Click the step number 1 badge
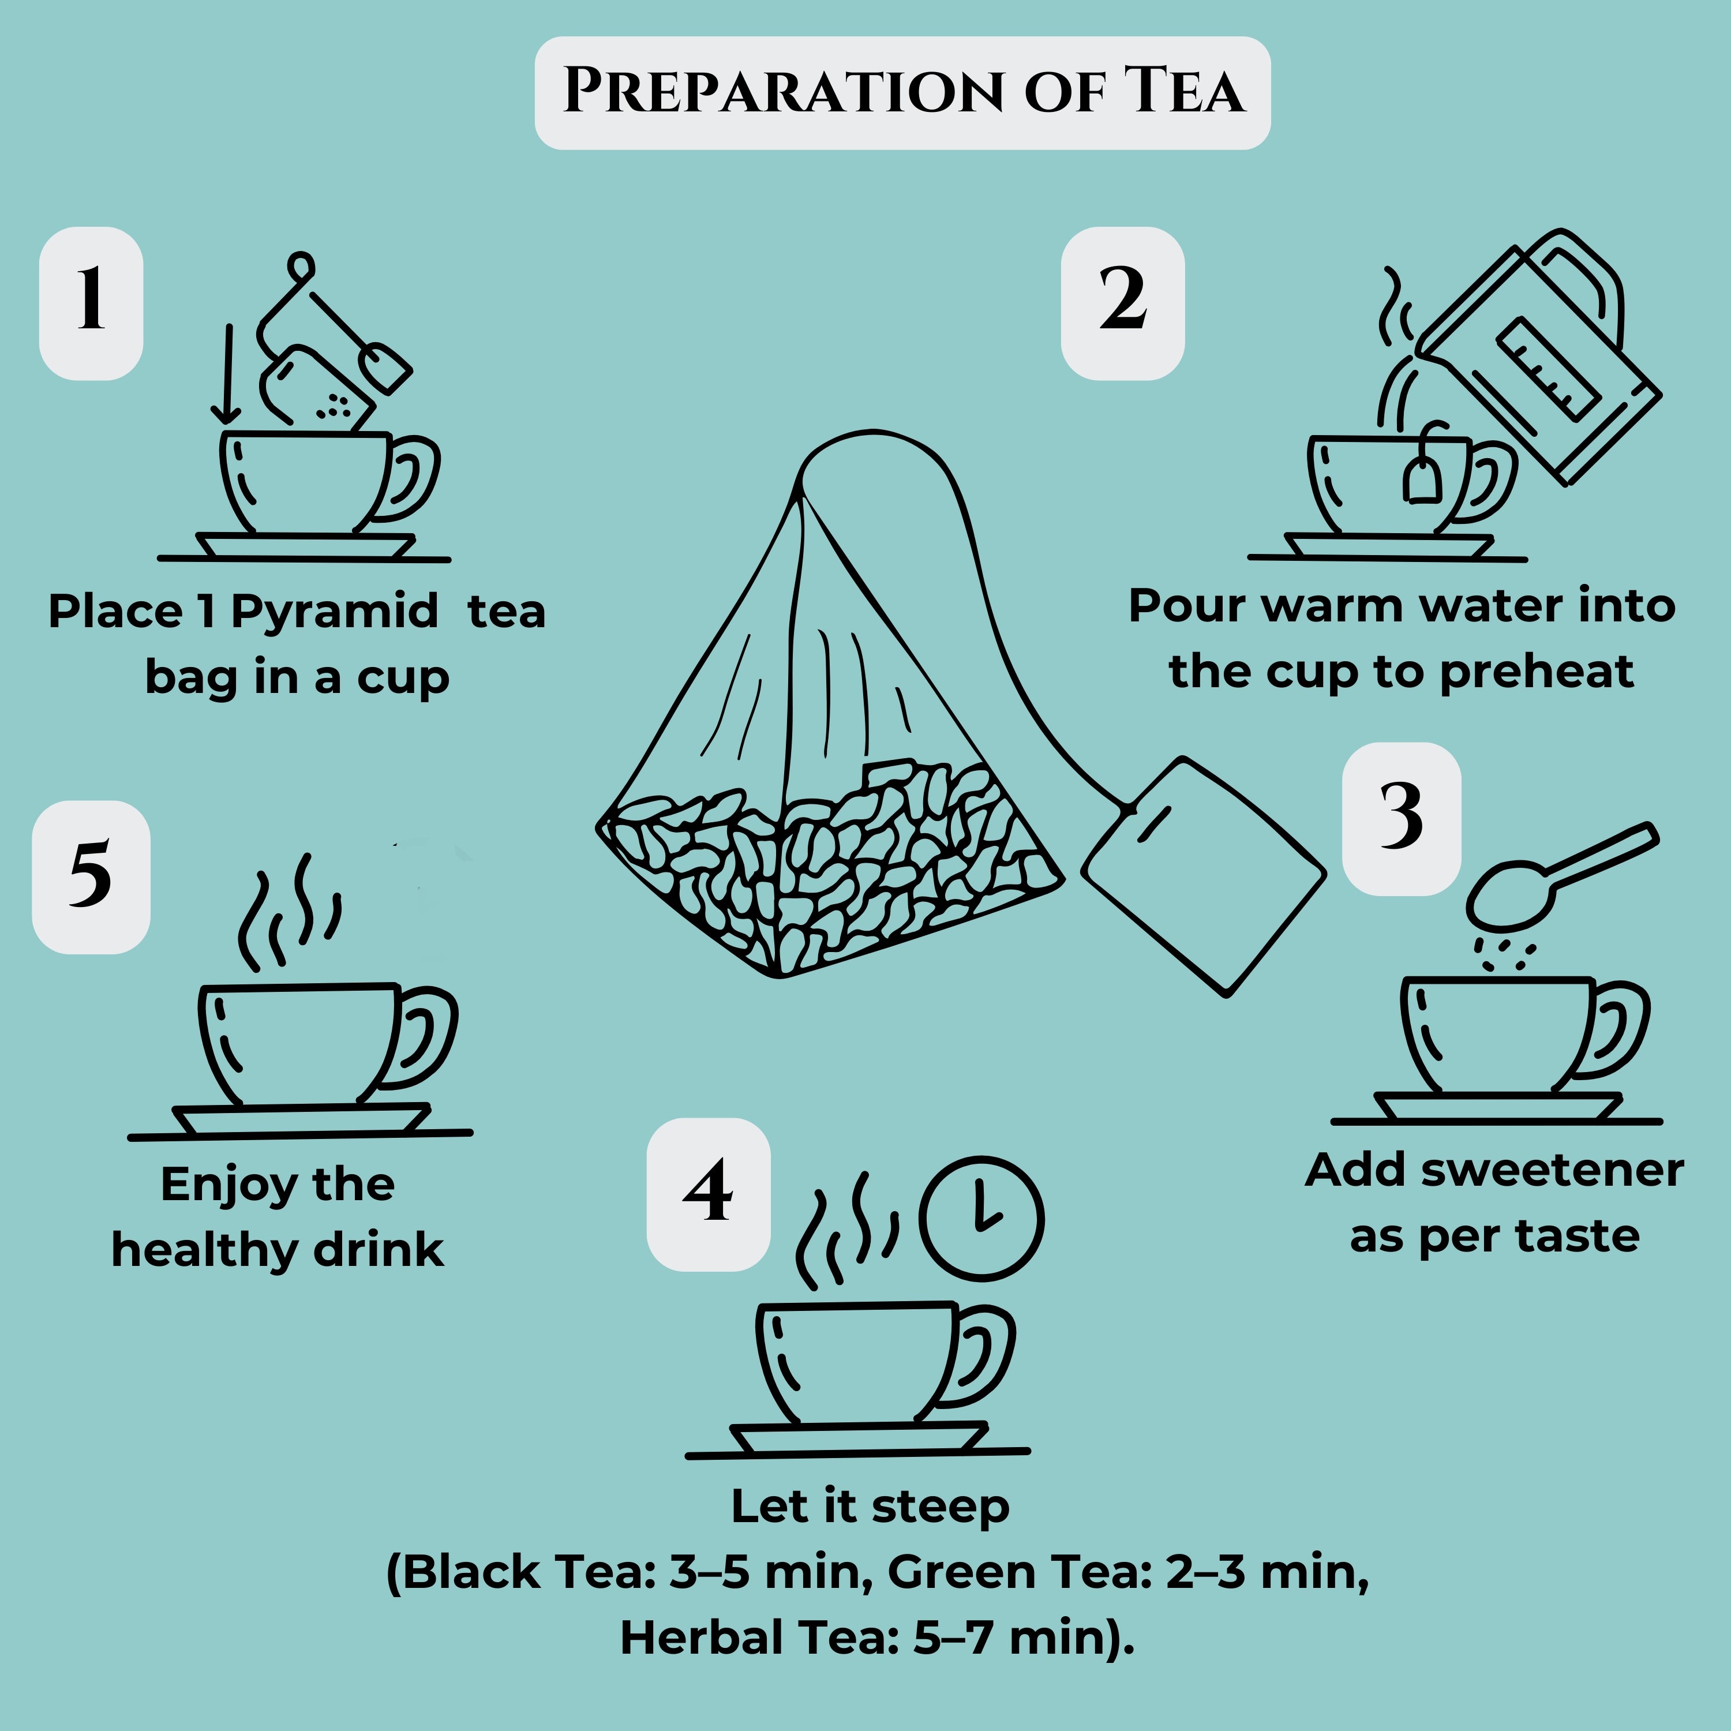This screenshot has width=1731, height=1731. tap(91, 303)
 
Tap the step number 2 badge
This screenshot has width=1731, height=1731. tap(1123, 303)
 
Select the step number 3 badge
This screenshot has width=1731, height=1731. tap(1402, 818)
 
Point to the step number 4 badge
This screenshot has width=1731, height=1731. tap(709, 1194)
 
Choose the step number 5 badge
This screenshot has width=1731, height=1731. tap(91, 876)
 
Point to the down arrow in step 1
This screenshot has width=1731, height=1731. tap(227, 374)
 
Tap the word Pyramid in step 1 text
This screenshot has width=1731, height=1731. tap(334, 612)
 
